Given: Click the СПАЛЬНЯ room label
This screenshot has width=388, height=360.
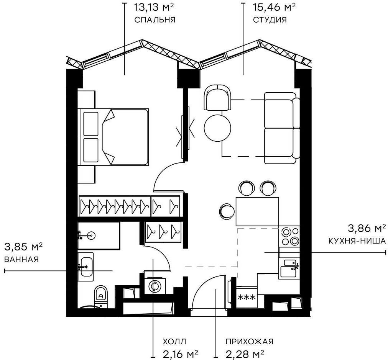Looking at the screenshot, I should click(155, 20).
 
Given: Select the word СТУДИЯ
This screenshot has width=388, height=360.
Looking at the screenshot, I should click(270, 20).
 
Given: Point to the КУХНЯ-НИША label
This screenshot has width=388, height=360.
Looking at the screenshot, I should click(357, 241).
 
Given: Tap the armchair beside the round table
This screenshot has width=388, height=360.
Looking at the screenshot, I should click(218, 97).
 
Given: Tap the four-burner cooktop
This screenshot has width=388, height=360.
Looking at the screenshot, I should click(289, 236).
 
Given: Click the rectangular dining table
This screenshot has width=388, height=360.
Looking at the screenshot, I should click(257, 211).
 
